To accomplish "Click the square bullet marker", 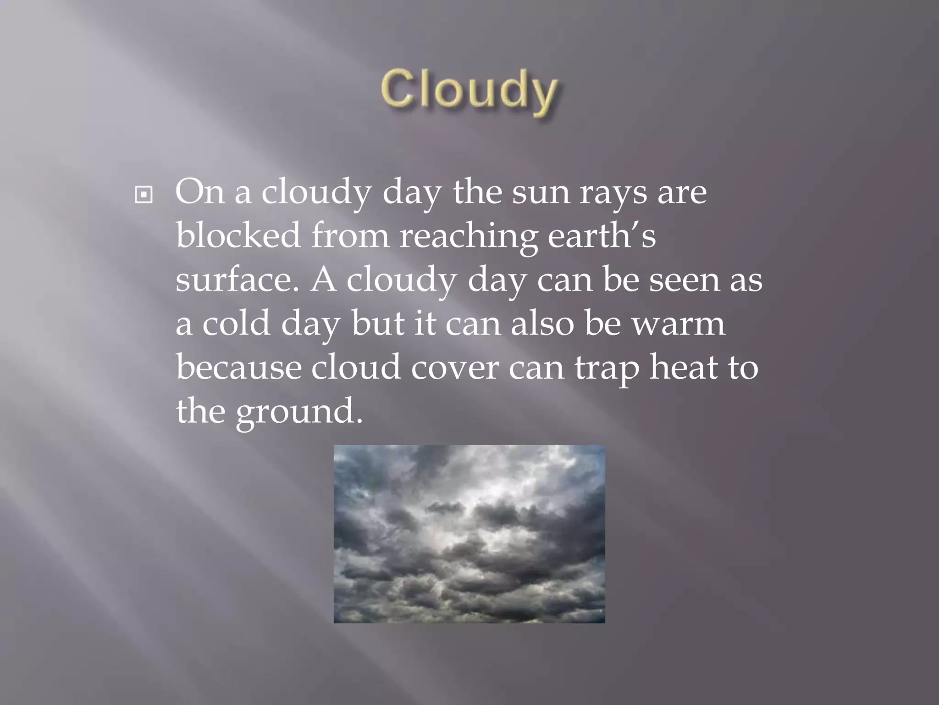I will pyautogui.click(x=144, y=196).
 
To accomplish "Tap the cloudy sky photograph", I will pyautogui.click(x=469, y=533).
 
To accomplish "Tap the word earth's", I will pyautogui.click(x=602, y=235).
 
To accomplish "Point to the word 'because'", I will pyautogui.click(x=238, y=367).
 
